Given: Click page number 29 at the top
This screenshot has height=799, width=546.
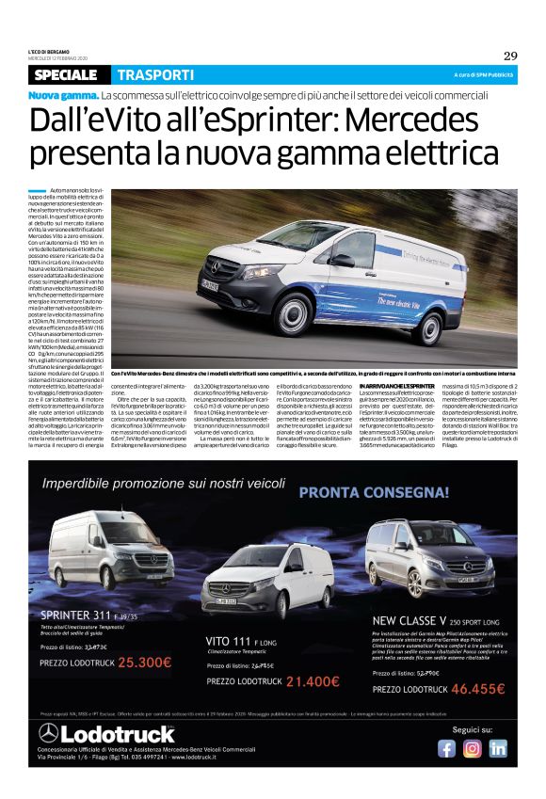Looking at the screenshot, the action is (509, 55).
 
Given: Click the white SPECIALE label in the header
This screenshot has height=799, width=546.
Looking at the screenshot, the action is (66, 74).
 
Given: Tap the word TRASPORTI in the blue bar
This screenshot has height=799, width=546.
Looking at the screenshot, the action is (155, 74).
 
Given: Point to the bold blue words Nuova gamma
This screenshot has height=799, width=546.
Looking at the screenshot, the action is (63, 96).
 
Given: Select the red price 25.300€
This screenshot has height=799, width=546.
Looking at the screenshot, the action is (131, 661).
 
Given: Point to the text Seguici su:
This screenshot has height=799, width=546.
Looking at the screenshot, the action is (472, 729).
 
